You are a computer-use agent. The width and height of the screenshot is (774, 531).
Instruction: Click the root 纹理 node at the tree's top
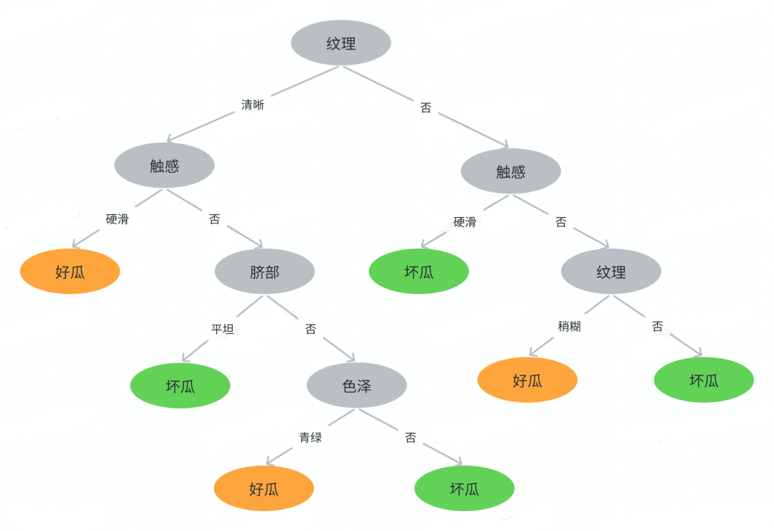tap(340, 43)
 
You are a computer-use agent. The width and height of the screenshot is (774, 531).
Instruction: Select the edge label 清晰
tap(252, 105)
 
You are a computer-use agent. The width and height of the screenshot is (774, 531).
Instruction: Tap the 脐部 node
tap(264, 272)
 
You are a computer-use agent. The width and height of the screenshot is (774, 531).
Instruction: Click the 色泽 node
tap(356, 386)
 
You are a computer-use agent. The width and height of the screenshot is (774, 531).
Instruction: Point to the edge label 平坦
tap(222, 330)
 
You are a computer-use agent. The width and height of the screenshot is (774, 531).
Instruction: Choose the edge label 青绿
tap(310, 438)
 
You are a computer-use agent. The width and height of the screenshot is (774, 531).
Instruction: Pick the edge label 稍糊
tap(569, 327)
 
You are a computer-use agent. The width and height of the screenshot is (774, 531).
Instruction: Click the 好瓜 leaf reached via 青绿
tap(264, 489)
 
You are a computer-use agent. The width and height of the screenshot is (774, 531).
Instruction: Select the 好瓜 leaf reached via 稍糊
tap(527, 381)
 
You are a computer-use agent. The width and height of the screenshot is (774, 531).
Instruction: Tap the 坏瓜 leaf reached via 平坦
tap(180, 386)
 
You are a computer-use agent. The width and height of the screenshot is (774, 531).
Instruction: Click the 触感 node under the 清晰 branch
tap(164, 166)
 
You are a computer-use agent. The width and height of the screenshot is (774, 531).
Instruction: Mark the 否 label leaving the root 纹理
tap(426, 108)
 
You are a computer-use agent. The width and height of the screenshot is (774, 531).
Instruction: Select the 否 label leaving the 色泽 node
tap(410, 438)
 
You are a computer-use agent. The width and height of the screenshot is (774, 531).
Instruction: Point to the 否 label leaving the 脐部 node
tap(310, 330)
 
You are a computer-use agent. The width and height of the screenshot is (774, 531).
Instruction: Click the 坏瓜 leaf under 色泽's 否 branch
tap(464, 489)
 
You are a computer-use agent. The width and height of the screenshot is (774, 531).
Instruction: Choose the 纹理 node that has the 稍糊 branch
tap(611, 272)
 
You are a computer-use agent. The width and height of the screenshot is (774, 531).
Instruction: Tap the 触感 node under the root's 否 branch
tap(510, 171)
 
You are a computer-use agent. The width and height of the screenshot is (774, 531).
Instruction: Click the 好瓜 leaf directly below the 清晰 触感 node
tap(70, 272)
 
